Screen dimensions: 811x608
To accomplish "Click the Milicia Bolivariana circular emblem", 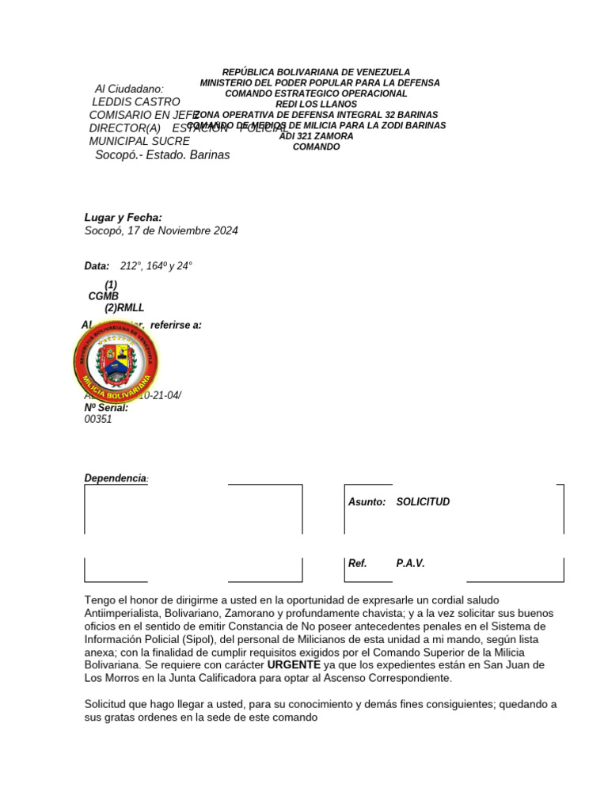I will [116, 361].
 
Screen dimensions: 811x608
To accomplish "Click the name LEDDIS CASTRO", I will [136, 101].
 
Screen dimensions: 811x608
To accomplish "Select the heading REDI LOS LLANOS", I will [316, 104].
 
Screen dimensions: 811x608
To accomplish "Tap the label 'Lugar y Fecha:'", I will [123, 217].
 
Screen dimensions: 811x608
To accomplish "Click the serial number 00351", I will [98, 420].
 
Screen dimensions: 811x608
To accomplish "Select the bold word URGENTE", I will [294, 664].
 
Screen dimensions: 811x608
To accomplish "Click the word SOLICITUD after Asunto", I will [423, 502].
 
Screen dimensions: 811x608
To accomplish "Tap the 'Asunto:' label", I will [367, 502].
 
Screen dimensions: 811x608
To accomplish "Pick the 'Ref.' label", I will [358, 564].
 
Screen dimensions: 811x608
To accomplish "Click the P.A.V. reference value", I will [410, 564].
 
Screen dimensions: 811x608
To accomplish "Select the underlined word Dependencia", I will [116, 478].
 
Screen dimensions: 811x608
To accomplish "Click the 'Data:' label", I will [97, 266].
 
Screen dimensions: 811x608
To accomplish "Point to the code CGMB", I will [103, 296].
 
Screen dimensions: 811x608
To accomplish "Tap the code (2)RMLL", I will [124, 308].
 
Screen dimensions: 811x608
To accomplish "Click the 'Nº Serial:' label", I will [106, 408].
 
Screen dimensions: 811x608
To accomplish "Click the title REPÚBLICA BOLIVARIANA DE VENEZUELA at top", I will [316, 72].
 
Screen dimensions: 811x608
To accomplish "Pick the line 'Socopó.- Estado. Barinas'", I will [162, 154].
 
